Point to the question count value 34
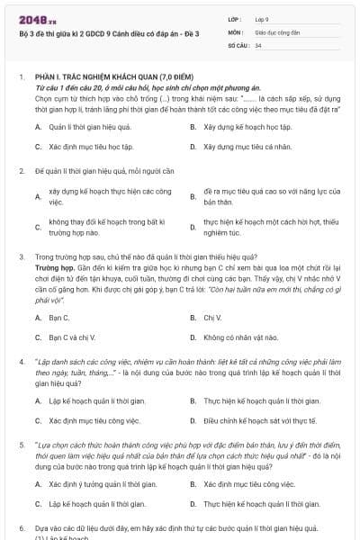tap(258, 44)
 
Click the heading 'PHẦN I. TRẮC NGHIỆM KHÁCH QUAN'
tap(98, 78)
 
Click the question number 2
tap(22, 170)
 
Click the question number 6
tap(22, 527)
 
